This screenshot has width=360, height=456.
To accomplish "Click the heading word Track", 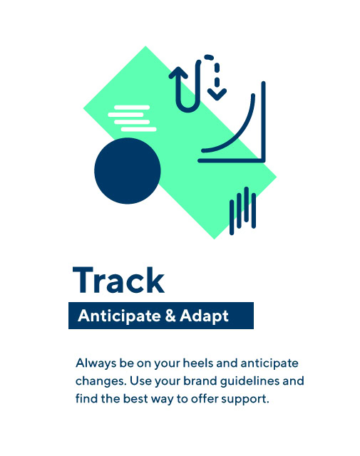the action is click(118, 280).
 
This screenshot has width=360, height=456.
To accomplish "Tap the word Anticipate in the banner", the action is click(119, 316).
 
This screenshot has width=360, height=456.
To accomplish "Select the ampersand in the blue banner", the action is click(170, 315).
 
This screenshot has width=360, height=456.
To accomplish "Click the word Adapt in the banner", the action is click(204, 316).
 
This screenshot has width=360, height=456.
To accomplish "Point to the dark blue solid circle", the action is click(128, 171).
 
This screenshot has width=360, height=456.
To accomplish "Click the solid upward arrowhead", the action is click(178, 73).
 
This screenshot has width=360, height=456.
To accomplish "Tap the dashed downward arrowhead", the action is click(217, 94).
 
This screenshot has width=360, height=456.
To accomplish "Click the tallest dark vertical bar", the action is click(246, 204).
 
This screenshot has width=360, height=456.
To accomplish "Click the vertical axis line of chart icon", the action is click(263, 121).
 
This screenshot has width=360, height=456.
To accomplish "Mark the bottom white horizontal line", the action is click(139, 129).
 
